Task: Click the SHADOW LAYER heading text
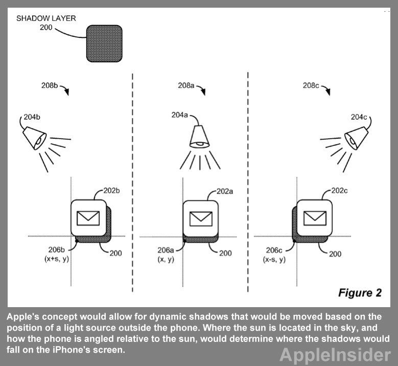click(x=46, y=18)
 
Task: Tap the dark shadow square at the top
click(x=104, y=44)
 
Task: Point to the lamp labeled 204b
click(x=35, y=137)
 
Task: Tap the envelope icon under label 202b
click(x=88, y=218)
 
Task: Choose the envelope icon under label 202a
click(x=201, y=218)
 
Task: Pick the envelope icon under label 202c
click(x=315, y=218)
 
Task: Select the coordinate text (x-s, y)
click(x=274, y=260)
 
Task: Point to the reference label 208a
click(x=186, y=86)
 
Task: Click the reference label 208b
click(x=50, y=85)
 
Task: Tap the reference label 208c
click(x=311, y=85)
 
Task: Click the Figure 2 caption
click(x=360, y=293)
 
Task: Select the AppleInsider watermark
click(x=335, y=354)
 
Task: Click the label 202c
click(x=340, y=191)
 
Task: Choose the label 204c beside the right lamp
click(x=359, y=117)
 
